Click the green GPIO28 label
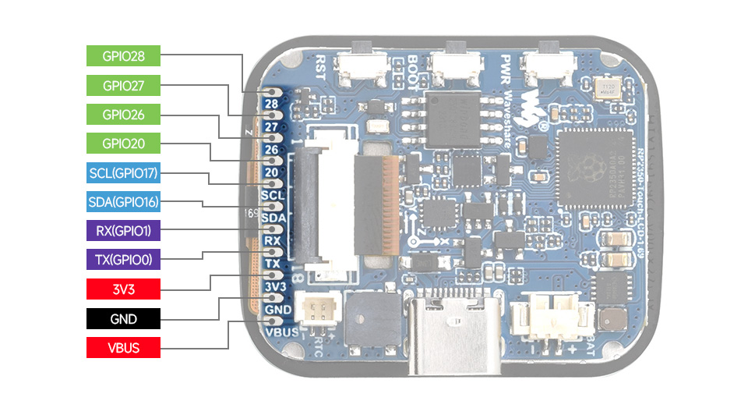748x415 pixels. pyautogui.click(x=123, y=55)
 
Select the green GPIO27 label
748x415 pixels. pyautogui.click(x=123, y=85)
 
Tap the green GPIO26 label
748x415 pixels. pyautogui.click(x=123, y=115)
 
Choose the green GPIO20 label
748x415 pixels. pyautogui.click(x=123, y=144)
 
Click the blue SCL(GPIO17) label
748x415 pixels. pyautogui.click(x=123, y=173)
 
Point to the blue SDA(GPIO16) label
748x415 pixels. pyautogui.click(x=123, y=203)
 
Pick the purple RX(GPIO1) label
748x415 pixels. pyautogui.click(x=123, y=231)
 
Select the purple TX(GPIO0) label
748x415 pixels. pyautogui.click(x=123, y=261)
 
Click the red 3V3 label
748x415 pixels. pyautogui.click(x=123, y=289)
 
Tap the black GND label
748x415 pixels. pyautogui.click(x=123, y=318)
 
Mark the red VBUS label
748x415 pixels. pyautogui.click(x=123, y=347)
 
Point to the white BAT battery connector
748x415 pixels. pyautogui.click(x=555, y=316)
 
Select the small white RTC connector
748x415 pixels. pyautogui.click(x=319, y=313)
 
